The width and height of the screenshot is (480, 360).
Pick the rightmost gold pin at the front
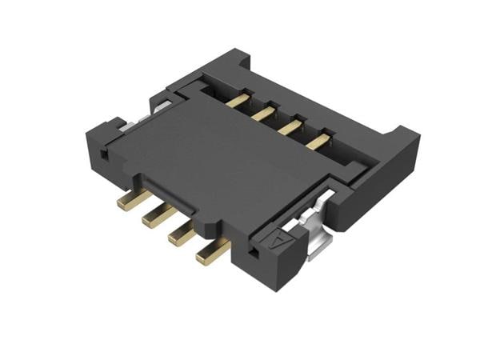(x=206, y=255)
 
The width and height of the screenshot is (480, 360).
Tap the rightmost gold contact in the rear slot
(x=319, y=142)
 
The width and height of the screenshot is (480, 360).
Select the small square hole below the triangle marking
(x=254, y=254)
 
